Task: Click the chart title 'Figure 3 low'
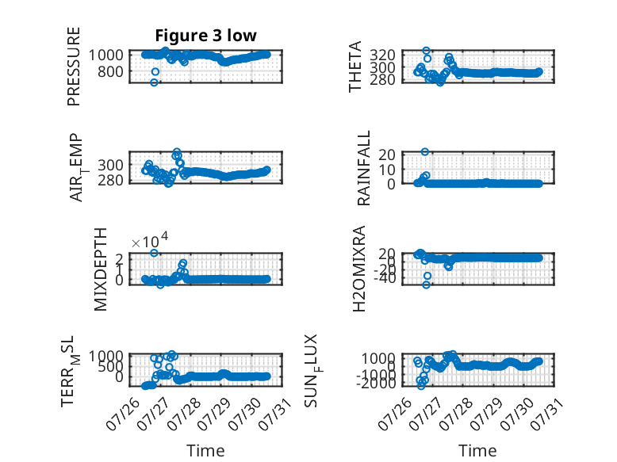coord(205,36)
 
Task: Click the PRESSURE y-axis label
coord(74,67)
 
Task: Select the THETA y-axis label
coord(355,67)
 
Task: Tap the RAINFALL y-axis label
coord(363,168)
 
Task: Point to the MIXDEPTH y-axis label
coord(101,269)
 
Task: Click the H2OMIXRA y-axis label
coord(359,269)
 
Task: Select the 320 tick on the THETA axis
coord(382,55)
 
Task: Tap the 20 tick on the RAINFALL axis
coord(387,154)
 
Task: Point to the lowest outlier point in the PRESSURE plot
coord(154,82)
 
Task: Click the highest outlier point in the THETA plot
coord(426,51)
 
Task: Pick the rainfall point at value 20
coord(424,152)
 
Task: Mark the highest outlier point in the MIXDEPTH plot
coord(154,253)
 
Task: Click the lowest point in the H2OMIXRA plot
coord(426,284)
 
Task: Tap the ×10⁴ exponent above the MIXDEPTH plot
coord(150,241)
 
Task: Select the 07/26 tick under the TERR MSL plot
coord(122,414)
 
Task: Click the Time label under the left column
coord(205,451)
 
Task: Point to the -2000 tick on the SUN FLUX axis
coord(376,383)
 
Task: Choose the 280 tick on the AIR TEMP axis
coord(110,181)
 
